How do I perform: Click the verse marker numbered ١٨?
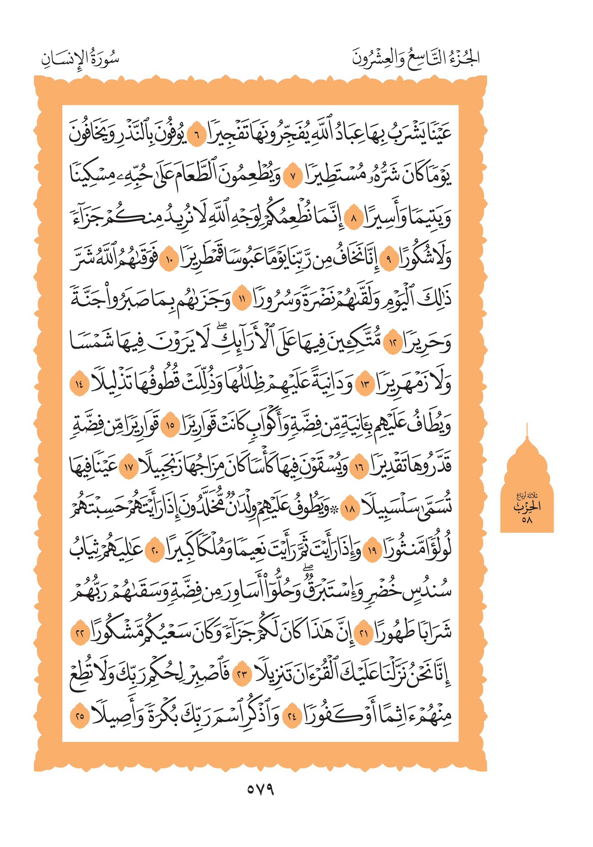coord(349,510)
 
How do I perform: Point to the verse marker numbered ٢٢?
coord(80,634)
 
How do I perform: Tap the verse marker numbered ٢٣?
coord(242,675)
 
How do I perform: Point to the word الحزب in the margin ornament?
coord(527,506)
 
